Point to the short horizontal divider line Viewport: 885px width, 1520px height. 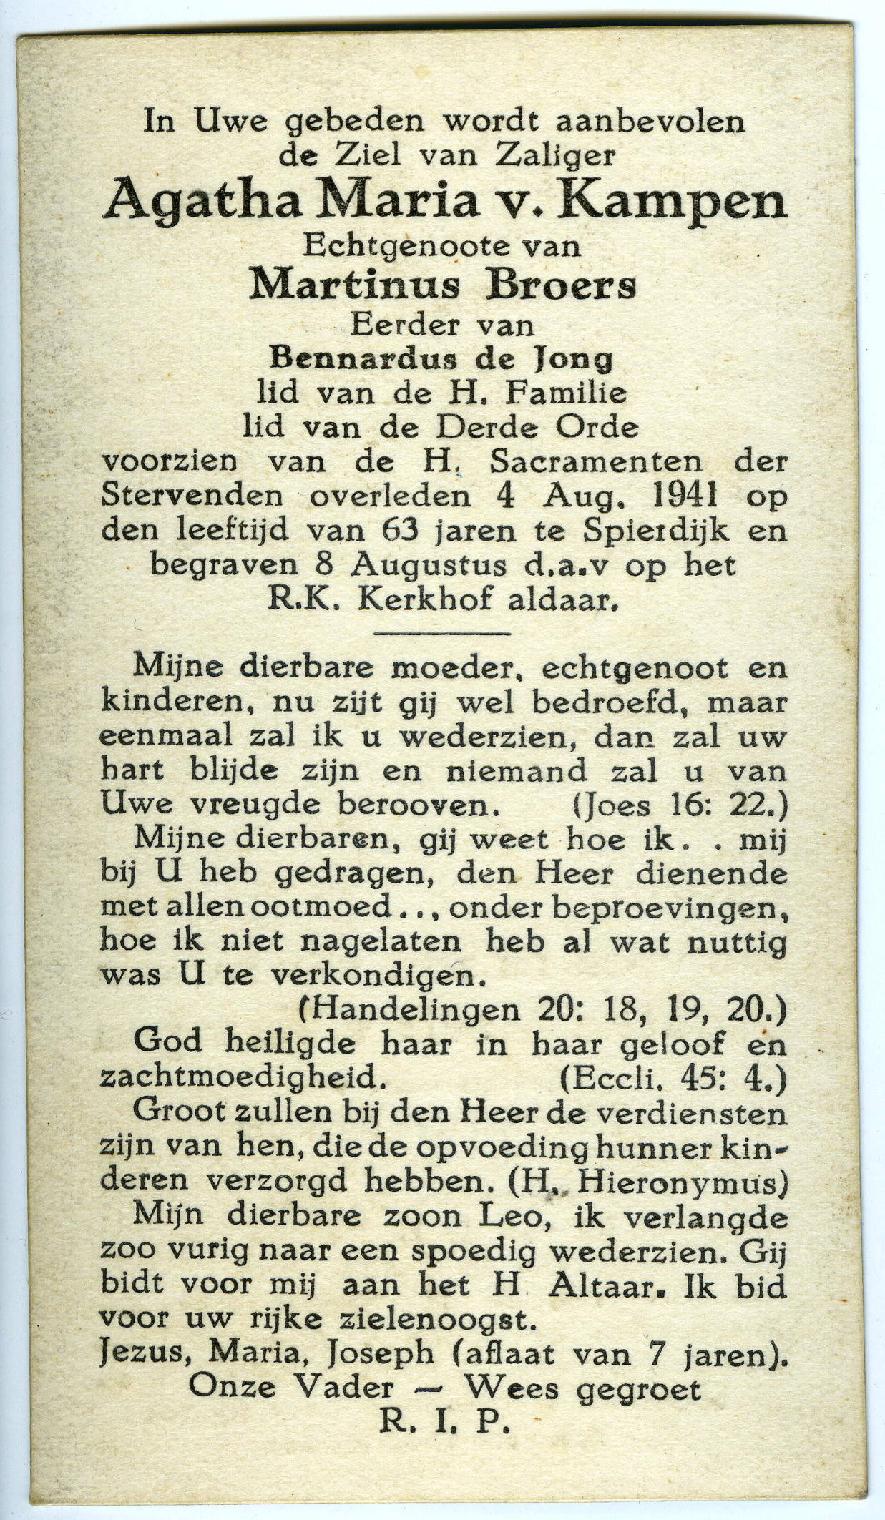click(442, 633)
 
